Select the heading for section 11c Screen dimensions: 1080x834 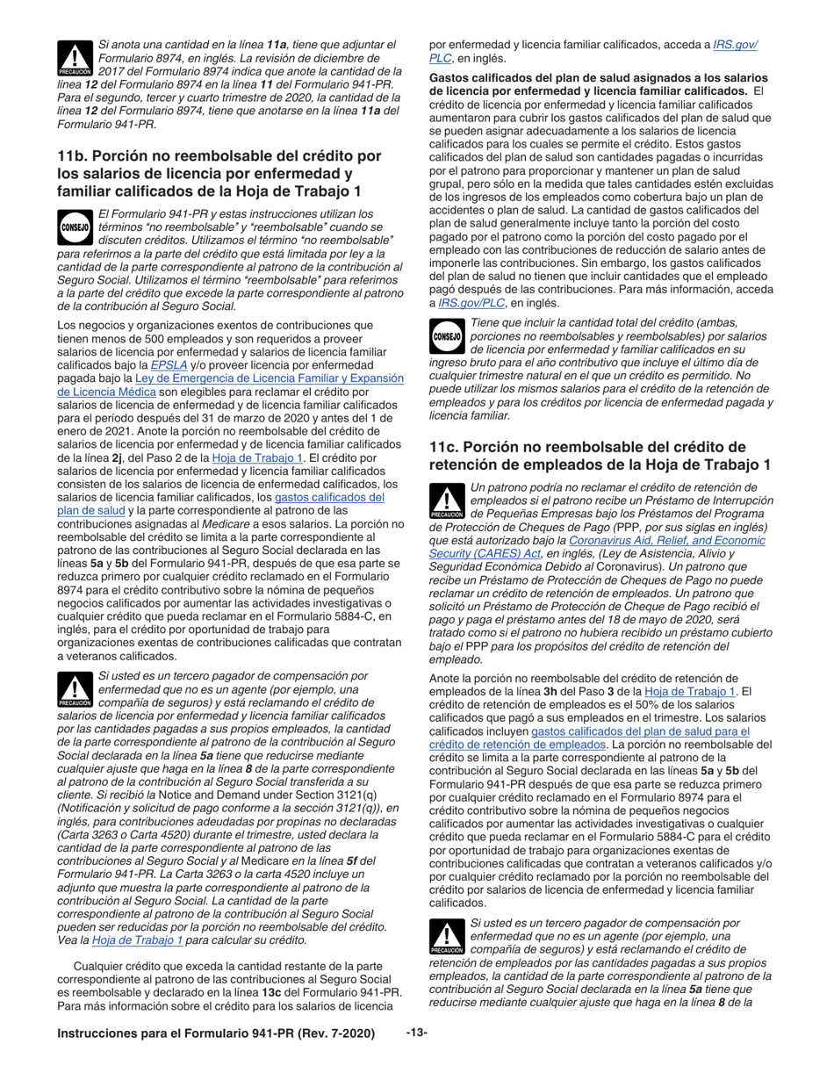click(600, 456)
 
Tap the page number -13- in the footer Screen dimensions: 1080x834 click(416, 1033)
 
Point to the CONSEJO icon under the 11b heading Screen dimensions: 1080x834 click(75, 227)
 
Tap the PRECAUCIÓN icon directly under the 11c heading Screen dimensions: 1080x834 click(447, 501)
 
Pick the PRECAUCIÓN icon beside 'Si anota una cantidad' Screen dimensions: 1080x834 click(75, 58)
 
